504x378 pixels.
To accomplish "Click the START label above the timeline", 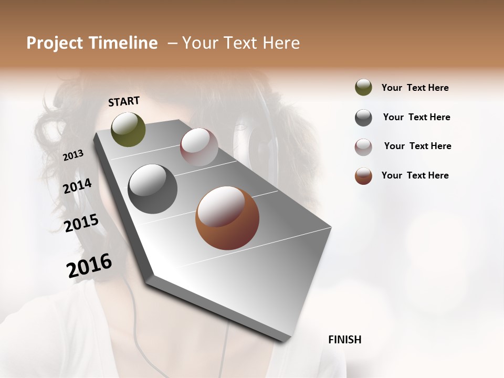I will pos(124,101).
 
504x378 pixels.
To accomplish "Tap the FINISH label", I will pos(344,340).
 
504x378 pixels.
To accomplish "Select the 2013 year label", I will pos(73,155).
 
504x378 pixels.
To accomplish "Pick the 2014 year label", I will pos(78,186).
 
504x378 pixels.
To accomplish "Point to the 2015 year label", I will pos(81,223).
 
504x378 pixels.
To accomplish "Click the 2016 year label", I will pos(89,266).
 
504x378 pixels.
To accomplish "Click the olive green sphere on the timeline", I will pos(128,129).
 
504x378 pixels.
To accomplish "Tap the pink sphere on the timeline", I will pos(199,147).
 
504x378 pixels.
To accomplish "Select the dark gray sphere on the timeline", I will pos(153,189).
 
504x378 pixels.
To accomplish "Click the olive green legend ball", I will pos(363,88).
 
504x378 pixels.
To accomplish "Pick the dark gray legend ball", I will pos(363,118).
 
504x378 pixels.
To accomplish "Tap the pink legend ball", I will pos(363,147).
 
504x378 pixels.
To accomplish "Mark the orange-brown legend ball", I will pos(363,176).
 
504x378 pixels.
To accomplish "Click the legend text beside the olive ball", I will pos(415,88).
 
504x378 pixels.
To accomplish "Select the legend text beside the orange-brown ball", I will pos(415,175).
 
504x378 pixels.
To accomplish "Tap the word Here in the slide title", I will pos(282,43).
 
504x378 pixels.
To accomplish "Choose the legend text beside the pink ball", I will pos(417,146).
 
